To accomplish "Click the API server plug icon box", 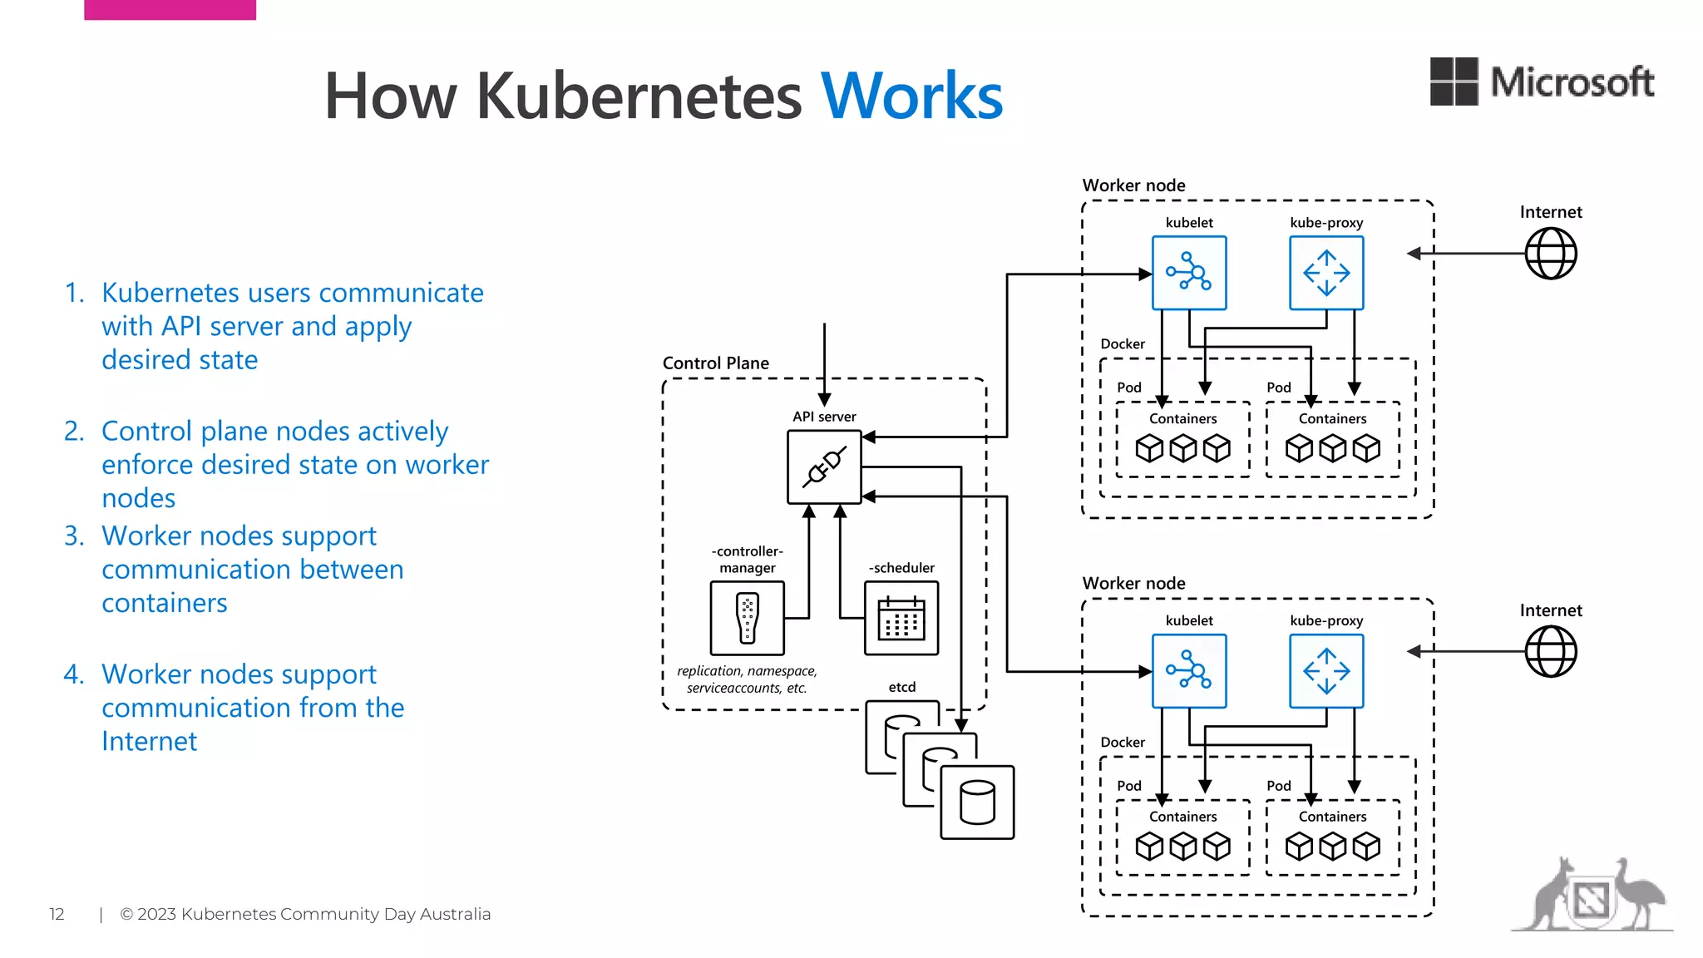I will [x=824, y=467].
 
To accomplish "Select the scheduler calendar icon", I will [x=901, y=618].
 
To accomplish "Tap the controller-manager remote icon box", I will [x=747, y=618].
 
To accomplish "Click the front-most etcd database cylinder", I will [x=977, y=802].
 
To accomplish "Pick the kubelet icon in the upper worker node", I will [x=1189, y=273].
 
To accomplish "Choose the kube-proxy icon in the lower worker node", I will [x=1326, y=671].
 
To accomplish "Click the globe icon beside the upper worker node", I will [x=1551, y=254].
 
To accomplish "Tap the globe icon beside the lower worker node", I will [x=1551, y=652].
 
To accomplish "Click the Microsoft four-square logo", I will [x=1454, y=81].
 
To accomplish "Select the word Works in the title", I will [x=911, y=96].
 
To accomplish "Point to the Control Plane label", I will [x=715, y=363].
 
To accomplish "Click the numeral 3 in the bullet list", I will [x=73, y=536].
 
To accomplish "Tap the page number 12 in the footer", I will [x=57, y=915].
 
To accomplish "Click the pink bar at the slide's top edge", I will [x=170, y=9].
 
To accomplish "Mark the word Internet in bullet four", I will [x=149, y=741].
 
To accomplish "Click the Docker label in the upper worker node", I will [x=1123, y=344].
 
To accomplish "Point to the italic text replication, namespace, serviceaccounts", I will [x=747, y=679].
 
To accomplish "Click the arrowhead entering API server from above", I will [x=824, y=400].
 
